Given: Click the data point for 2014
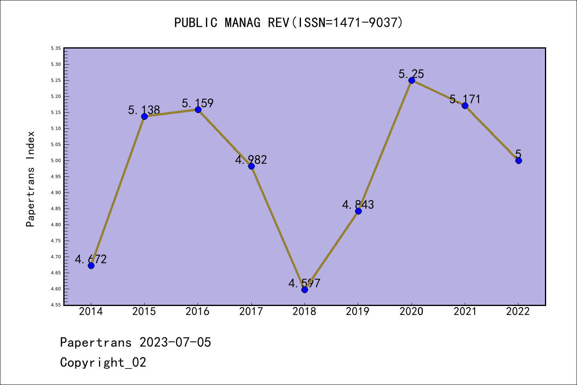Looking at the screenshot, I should (91, 265).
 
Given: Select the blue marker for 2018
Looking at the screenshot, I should (305, 290).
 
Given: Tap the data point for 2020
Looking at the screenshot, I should (412, 80).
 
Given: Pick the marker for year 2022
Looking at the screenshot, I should (518, 160).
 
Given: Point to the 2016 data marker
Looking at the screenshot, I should (198, 109).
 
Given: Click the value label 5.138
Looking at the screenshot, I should (144, 110).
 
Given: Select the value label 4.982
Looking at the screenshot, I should (251, 160).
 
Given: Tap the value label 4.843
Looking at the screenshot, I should (358, 205).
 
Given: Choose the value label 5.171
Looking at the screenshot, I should (465, 99).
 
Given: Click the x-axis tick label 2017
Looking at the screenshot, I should (251, 312).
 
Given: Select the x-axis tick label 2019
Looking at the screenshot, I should (358, 312).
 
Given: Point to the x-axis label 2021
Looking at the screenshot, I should (465, 312).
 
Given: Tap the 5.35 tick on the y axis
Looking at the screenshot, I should (56, 48).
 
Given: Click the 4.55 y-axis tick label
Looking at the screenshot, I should (56, 305).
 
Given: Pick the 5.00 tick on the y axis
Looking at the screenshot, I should (56, 160).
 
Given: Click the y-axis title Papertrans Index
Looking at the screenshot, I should (30, 179).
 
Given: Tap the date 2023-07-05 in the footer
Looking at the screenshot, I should (175, 342).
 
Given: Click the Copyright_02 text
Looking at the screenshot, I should (103, 363).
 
